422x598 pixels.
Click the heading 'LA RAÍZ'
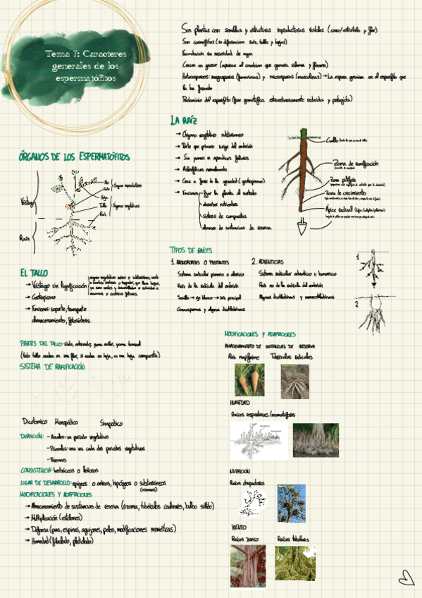(184, 120)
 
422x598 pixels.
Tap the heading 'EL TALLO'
(34, 273)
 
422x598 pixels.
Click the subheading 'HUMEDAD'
(241, 403)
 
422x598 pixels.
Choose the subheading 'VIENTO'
(239, 527)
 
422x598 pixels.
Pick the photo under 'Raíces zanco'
(247, 566)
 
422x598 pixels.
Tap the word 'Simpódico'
(111, 423)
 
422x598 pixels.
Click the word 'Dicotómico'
(34, 422)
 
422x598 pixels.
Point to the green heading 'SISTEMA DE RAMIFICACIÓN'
(52, 367)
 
